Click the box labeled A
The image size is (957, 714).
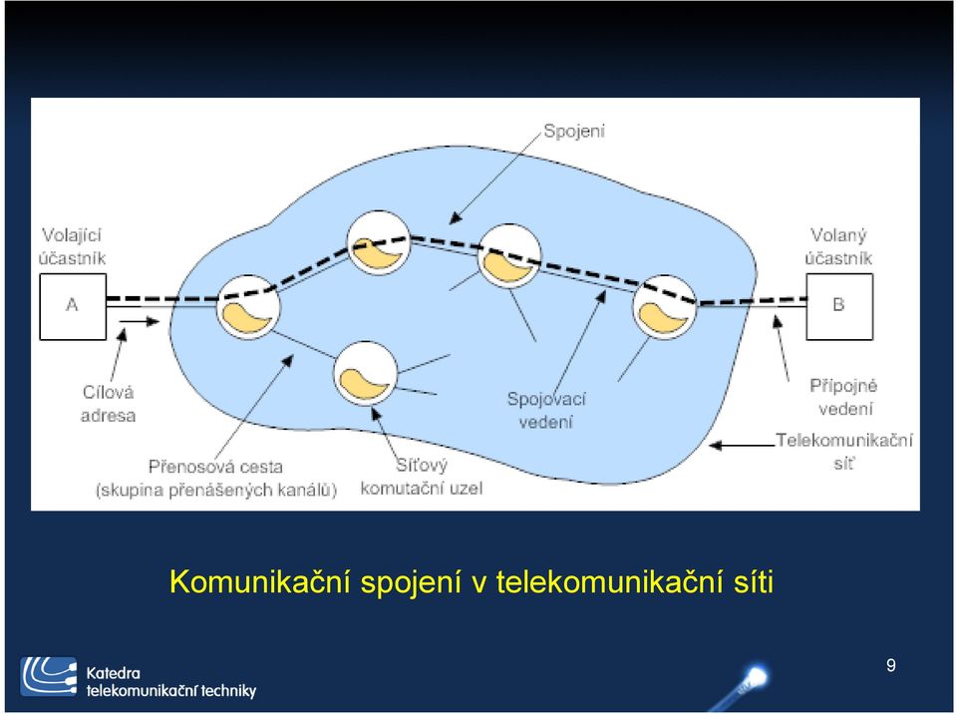point(73,306)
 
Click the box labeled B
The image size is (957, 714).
point(839,306)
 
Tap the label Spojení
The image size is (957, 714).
point(574,132)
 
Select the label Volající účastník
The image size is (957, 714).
point(72,246)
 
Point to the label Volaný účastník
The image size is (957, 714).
point(838,246)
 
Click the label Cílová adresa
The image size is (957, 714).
point(108,404)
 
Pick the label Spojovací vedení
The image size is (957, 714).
point(546,410)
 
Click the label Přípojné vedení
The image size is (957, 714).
point(844,397)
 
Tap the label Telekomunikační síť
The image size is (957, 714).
point(844,452)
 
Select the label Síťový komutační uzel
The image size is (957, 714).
point(421,477)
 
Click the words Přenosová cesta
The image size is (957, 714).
point(215,468)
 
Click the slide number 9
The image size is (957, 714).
point(891,665)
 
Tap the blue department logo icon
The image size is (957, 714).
point(49,677)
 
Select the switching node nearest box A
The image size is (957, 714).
point(248,306)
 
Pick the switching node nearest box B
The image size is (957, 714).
point(664,306)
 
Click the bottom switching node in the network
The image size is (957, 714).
point(365,373)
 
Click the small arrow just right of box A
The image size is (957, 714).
point(140,321)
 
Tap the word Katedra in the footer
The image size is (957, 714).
point(113,673)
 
